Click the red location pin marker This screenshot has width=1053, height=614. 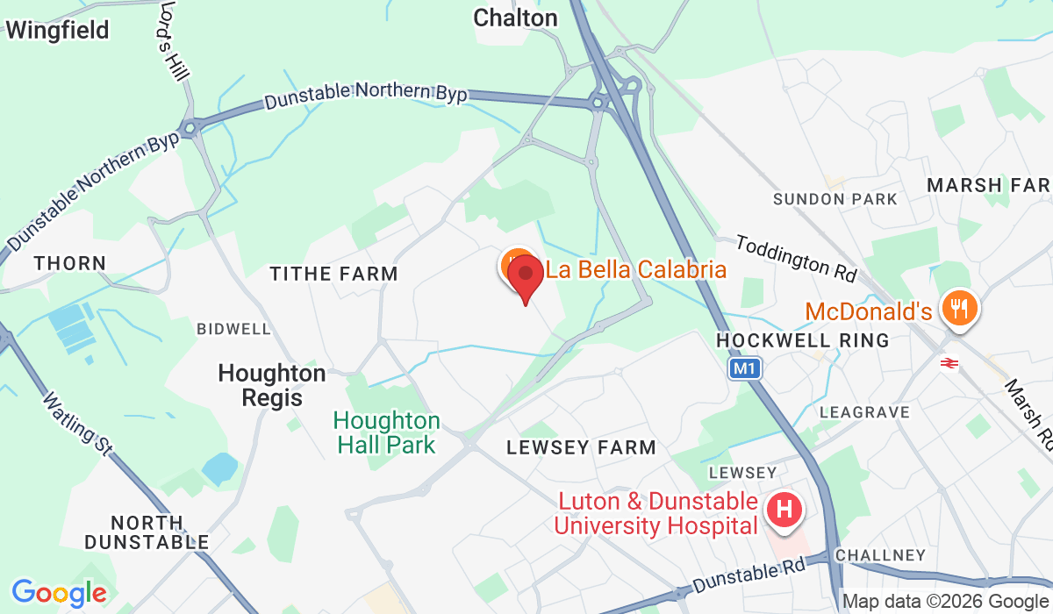coord(525,275)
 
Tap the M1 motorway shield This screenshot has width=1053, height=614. coord(744,369)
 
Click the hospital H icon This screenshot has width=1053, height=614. coord(784,509)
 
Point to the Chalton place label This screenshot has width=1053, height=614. coord(515,18)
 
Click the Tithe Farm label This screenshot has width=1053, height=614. coord(333,274)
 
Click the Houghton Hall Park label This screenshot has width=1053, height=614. coord(386,432)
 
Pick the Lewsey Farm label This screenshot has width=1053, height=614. coord(581,447)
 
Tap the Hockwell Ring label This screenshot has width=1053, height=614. coord(803,339)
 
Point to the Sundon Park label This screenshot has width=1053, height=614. coord(835,199)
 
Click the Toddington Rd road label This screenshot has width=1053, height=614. coord(796,257)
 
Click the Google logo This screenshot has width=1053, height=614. coord(58,593)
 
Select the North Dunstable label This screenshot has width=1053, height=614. coord(147,532)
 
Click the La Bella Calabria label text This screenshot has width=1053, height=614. coord(636,268)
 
